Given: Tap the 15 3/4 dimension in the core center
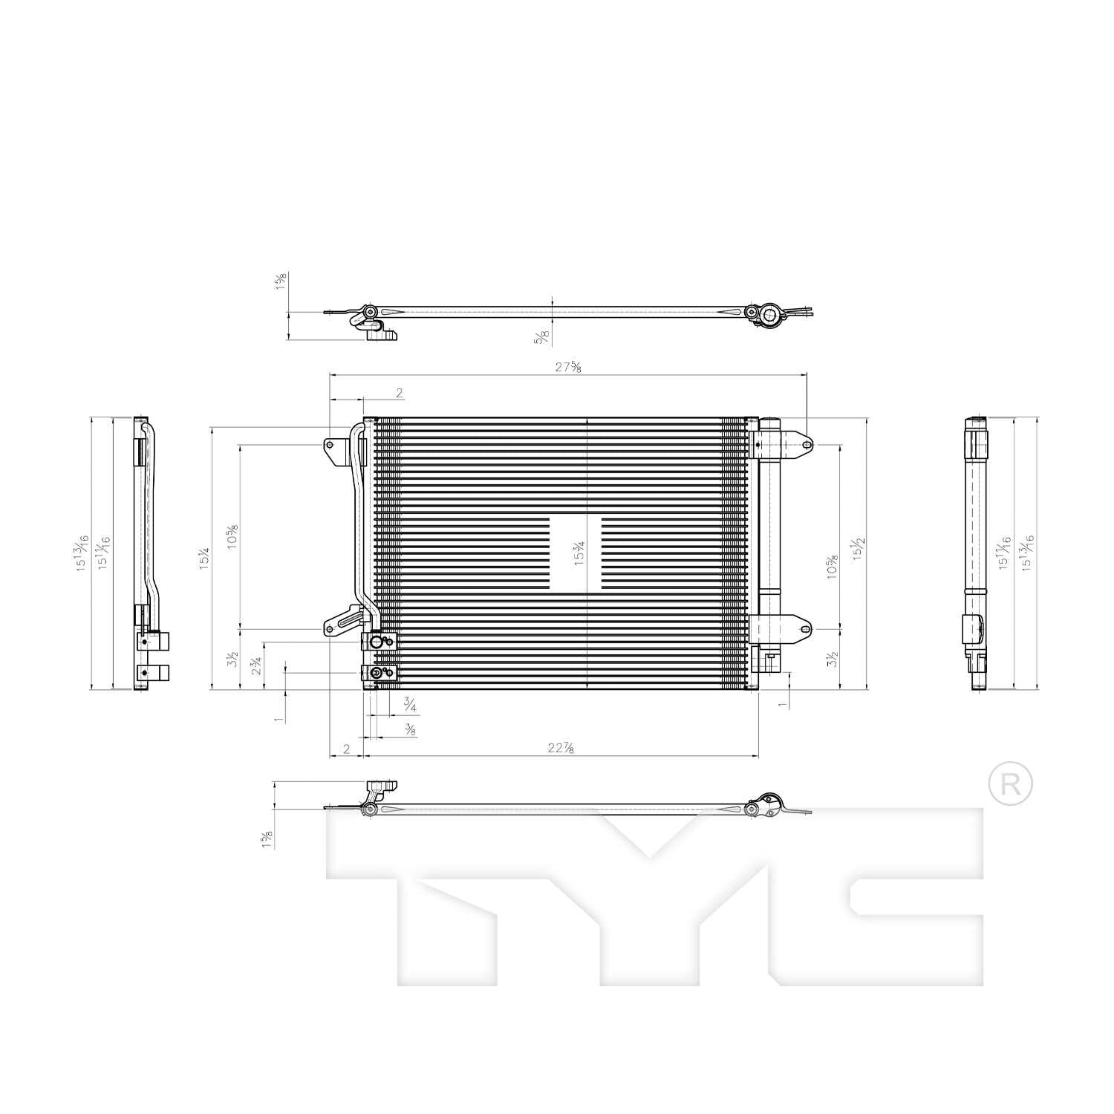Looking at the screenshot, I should coord(579,554).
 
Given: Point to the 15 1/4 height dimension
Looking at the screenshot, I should coord(204,558).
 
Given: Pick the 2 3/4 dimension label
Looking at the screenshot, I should coord(256,666).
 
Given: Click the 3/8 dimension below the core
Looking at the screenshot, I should coord(409,729).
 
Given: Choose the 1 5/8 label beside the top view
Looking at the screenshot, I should coord(281,281).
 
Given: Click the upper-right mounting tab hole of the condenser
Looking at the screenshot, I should coord(807,445).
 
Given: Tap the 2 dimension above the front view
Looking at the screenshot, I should coord(399,392).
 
